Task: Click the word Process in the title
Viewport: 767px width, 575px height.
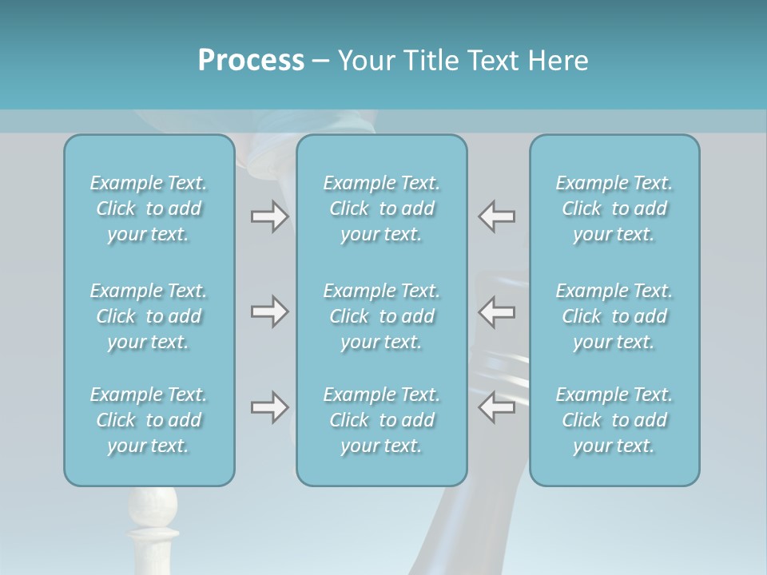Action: point(251,60)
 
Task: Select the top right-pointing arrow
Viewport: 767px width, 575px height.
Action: point(269,216)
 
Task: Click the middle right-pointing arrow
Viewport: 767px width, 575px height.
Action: point(269,311)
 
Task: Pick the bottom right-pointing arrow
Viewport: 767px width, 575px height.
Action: point(269,407)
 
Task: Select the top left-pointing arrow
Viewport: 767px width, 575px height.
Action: point(497,216)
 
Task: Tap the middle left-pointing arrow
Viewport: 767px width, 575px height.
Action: point(497,311)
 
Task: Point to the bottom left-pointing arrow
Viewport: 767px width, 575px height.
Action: point(497,407)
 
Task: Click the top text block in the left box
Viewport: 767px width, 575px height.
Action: point(149,208)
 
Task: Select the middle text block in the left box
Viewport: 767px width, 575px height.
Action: point(149,316)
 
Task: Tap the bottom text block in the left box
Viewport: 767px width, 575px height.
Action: point(149,420)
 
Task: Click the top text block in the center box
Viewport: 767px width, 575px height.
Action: point(382,208)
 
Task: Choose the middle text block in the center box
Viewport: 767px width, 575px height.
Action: point(382,316)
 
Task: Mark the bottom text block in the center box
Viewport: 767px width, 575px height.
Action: point(382,420)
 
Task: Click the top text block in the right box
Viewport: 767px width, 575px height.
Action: point(614,208)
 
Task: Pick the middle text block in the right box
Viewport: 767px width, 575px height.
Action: point(614,316)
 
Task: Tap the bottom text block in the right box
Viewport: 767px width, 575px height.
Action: point(614,420)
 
